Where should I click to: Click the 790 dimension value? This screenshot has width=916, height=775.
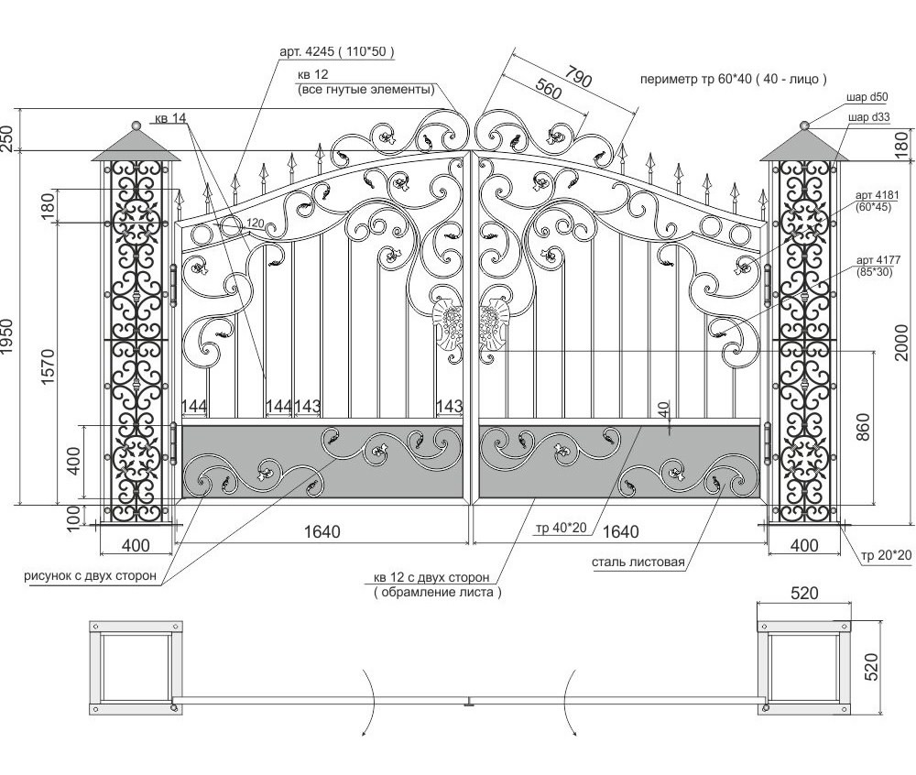pyautogui.click(x=578, y=78)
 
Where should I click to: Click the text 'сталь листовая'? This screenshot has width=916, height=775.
pyautogui.click(x=639, y=562)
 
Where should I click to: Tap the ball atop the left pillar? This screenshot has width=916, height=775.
pyautogui.click(x=137, y=125)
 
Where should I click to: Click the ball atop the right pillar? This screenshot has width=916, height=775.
pyautogui.click(x=804, y=126)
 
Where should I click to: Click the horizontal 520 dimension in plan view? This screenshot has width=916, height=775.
pyautogui.click(x=803, y=594)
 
